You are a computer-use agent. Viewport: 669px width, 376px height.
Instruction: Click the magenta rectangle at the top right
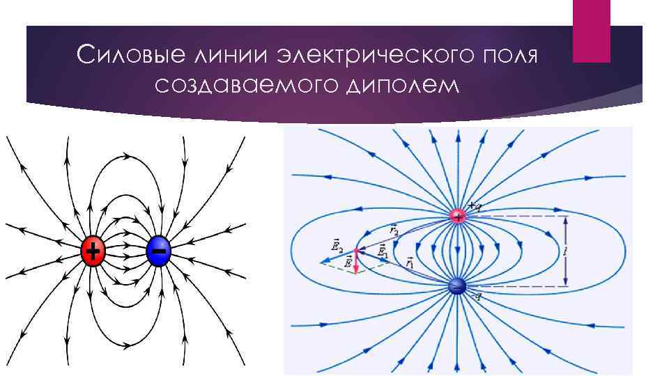[x=591, y=31]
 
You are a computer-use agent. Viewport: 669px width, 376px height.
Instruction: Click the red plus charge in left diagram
[x=93, y=251]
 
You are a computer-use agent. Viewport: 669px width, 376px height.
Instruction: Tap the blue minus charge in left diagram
[x=159, y=251]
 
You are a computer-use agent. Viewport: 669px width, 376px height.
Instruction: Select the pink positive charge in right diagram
[x=458, y=216]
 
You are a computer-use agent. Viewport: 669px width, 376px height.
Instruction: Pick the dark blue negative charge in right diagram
[x=457, y=285]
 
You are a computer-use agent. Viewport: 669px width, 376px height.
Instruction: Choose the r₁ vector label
[x=409, y=262]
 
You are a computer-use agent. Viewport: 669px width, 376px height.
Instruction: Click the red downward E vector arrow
[x=355, y=262]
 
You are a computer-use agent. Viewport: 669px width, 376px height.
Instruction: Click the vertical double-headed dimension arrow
[x=565, y=251]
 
